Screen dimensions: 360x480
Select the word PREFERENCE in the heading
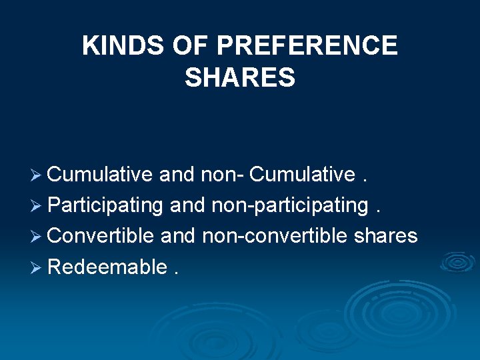tap(308, 46)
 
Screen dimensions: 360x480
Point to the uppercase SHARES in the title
tap(240, 78)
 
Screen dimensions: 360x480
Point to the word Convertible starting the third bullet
tap(101, 236)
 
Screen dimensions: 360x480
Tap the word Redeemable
tap(107, 267)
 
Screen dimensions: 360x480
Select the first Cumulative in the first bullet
tap(100, 175)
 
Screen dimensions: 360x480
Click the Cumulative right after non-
tap(302, 175)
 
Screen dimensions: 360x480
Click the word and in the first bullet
tap(176, 175)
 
